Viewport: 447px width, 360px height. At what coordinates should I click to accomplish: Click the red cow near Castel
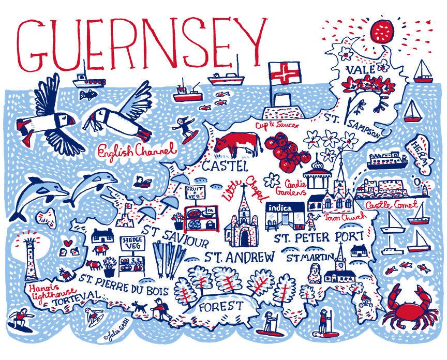[x=235, y=144]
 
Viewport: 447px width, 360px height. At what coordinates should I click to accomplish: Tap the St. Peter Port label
[x=319, y=237]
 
